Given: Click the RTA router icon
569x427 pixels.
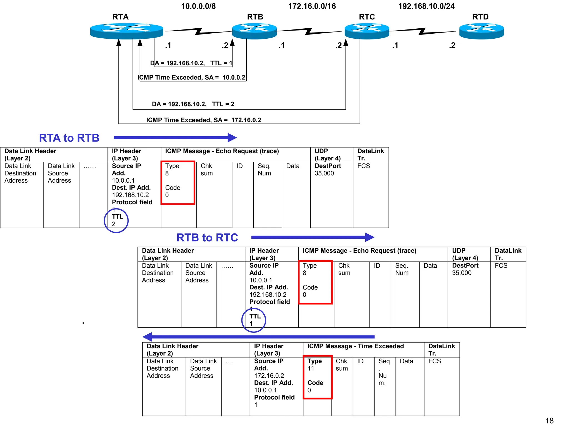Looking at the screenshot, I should (126, 31).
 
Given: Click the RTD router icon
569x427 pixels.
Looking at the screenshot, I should (481, 31).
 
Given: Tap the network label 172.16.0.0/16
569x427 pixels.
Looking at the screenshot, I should (312, 6).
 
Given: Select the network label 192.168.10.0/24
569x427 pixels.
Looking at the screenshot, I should (426, 6).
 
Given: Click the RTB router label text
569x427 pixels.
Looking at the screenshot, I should (255, 17).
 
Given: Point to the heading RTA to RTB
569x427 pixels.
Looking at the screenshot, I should (69, 138).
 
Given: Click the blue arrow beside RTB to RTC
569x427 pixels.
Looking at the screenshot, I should (313, 237).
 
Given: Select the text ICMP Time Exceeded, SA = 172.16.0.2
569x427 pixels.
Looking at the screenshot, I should (204, 120).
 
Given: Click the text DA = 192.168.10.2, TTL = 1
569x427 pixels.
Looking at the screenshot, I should (191, 63).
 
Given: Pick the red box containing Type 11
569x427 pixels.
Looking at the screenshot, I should (318, 377).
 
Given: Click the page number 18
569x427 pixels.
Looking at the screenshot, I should (549, 420).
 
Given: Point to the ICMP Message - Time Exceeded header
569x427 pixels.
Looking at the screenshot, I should (355, 346).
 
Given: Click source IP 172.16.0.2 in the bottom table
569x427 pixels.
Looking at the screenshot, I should (269, 376).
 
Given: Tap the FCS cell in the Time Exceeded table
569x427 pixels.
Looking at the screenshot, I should (435, 361).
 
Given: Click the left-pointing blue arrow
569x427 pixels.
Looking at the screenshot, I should (258, 337).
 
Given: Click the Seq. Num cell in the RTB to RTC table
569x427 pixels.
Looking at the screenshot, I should (402, 269).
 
